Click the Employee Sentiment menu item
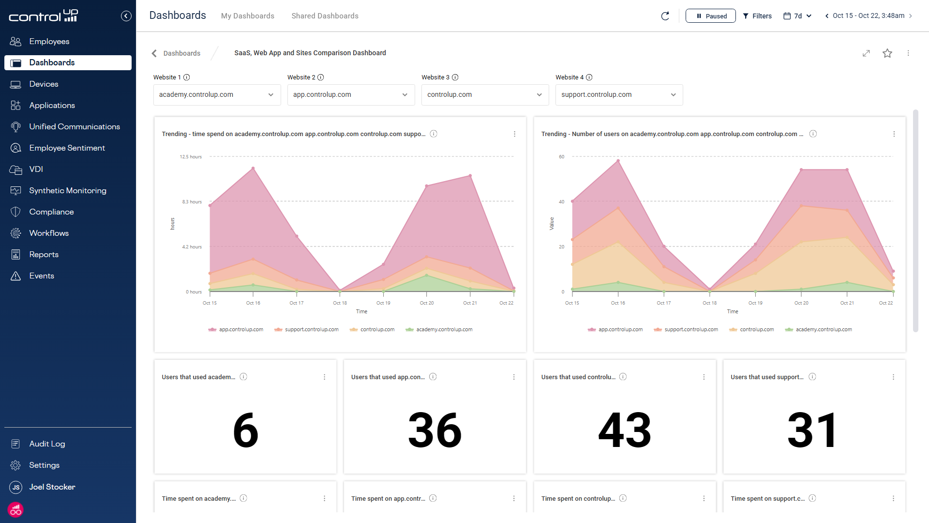tap(67, 148)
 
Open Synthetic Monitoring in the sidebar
tap(67, 190)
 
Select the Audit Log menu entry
tap(47, 444)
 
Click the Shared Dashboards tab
tap(325, 16)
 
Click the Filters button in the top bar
tap(757, 16)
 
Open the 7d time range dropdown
tap(797, 16)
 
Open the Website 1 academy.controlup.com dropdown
tap(217, 95)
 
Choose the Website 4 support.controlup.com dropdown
tap(619, 95)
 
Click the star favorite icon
tap(887, 53)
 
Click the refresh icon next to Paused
tap(665, 16)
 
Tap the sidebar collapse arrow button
tap(126, 16)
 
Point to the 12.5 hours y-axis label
tap(191, 157)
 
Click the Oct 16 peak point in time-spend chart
tap(253, 169)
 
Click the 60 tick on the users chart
tap(561, 157)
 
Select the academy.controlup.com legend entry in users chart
tap(823, 330)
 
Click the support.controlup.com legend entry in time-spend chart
tap(311, 330)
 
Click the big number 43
tap(624, 430)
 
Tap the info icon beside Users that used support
tap(812, 377)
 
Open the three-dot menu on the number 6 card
tap(324, 377)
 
